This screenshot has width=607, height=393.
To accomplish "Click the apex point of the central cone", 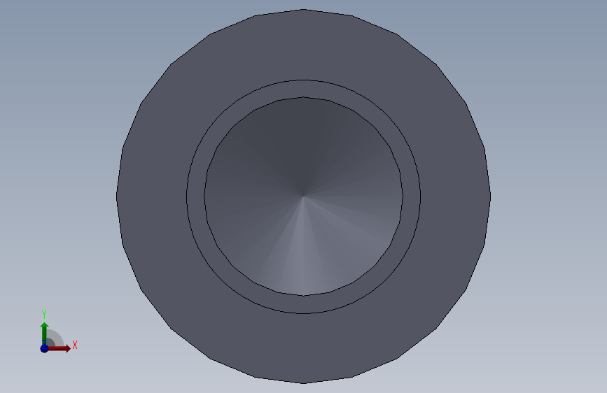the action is point(304,196).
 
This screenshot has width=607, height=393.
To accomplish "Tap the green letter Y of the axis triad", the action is point(44,315).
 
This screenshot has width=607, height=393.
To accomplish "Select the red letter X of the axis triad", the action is point(75,345).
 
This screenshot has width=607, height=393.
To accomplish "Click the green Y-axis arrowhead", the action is point(45,327).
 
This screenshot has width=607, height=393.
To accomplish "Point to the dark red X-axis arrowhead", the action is point(67,348).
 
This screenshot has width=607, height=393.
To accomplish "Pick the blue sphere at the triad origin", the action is point(44,348).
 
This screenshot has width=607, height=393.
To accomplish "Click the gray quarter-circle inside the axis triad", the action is point(54,338).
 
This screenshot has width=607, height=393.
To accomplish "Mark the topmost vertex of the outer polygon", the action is point(304,9).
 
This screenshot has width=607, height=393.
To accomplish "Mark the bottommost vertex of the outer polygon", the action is point(304,383).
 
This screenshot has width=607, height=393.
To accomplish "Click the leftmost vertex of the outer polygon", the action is point(116,196).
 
